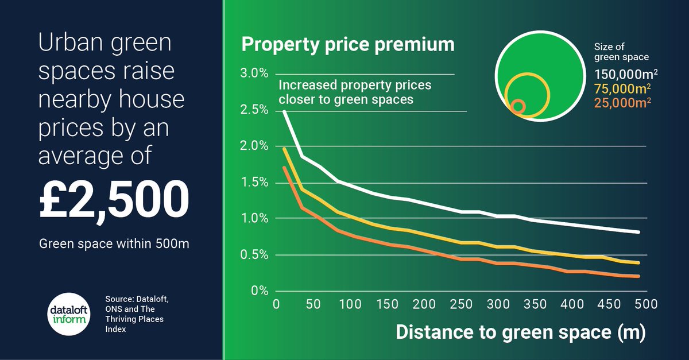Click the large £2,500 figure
pyautogui.click(x=114, y=199)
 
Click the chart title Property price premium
pyautogui.click(x=347, y=45)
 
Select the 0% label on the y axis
pyautogui.click(x=259, y=291)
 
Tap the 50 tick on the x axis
pyautogui.click(x=313, y=303)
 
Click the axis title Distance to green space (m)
pyautogui.click(x=520, y=332)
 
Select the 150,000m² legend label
pyautogui.click(x=626, y=75)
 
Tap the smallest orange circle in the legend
pyautogui.click(x=518, y=106)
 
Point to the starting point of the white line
pyautogui.click(x=285, y=111)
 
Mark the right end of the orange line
pyautogui.click(x=638, y=276)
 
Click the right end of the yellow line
pyautogui.click(x=638, y=263)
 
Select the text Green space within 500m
pyautogui.click(x=114, y=243)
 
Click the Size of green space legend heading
pyautogui.click(x=621, y=52)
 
